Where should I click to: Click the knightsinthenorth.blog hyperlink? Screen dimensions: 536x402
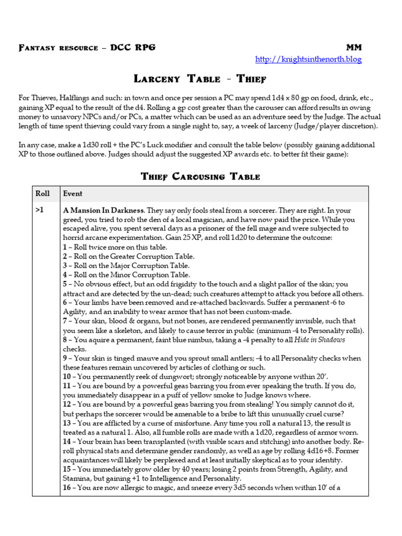pyautogui.click(x=308, y=59)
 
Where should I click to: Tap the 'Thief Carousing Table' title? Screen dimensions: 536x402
pyautogui.click(x=200, y=176)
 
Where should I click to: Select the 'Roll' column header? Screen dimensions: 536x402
pyautogui.click(x=42, y=194)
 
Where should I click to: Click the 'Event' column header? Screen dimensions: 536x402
pyautogui.click(x=73, y=194)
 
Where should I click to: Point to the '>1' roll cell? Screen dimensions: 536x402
pyautogui.click(x=40, y=210)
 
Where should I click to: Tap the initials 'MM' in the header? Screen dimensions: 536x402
pyautogui.click(x=354, y=48)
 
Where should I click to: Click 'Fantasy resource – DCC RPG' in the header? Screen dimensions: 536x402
pyautogui.click(x=87, y=48)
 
